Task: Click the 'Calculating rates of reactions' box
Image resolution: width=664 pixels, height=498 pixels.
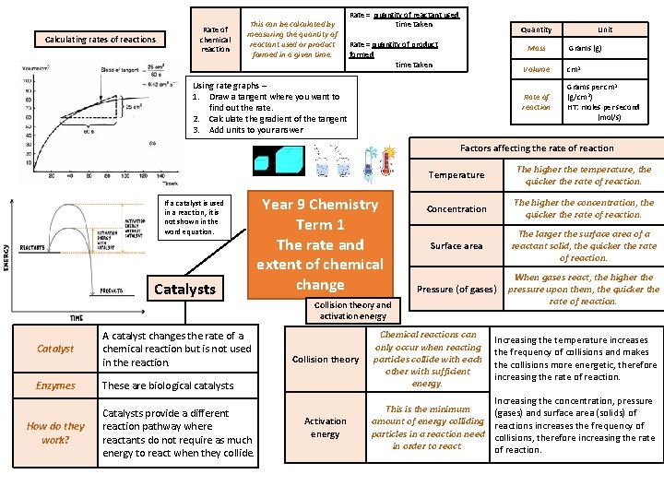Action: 101,39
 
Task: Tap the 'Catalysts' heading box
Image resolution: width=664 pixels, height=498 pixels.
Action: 184,290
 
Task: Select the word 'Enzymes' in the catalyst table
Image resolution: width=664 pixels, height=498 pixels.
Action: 55,385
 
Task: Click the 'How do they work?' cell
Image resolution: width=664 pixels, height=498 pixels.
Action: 55,433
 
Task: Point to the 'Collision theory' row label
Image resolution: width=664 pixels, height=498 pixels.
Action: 326,359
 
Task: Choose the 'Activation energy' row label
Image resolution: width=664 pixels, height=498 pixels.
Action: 326,427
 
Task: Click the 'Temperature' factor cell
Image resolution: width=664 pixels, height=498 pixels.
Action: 456,174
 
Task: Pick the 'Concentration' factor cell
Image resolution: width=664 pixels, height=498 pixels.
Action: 456,208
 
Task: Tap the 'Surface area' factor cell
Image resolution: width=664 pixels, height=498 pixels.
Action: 456,246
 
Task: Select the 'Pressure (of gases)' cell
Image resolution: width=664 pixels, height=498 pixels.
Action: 456,290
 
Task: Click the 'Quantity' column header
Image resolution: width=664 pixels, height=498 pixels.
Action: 536,30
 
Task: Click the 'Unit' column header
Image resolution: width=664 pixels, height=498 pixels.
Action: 605,30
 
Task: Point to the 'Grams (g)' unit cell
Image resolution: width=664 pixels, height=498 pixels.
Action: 586,48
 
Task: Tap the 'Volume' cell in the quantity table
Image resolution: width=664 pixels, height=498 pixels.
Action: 536,69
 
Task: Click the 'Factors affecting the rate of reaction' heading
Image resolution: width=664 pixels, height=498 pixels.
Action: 537,148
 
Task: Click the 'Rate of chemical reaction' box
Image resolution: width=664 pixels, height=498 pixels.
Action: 215,39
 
